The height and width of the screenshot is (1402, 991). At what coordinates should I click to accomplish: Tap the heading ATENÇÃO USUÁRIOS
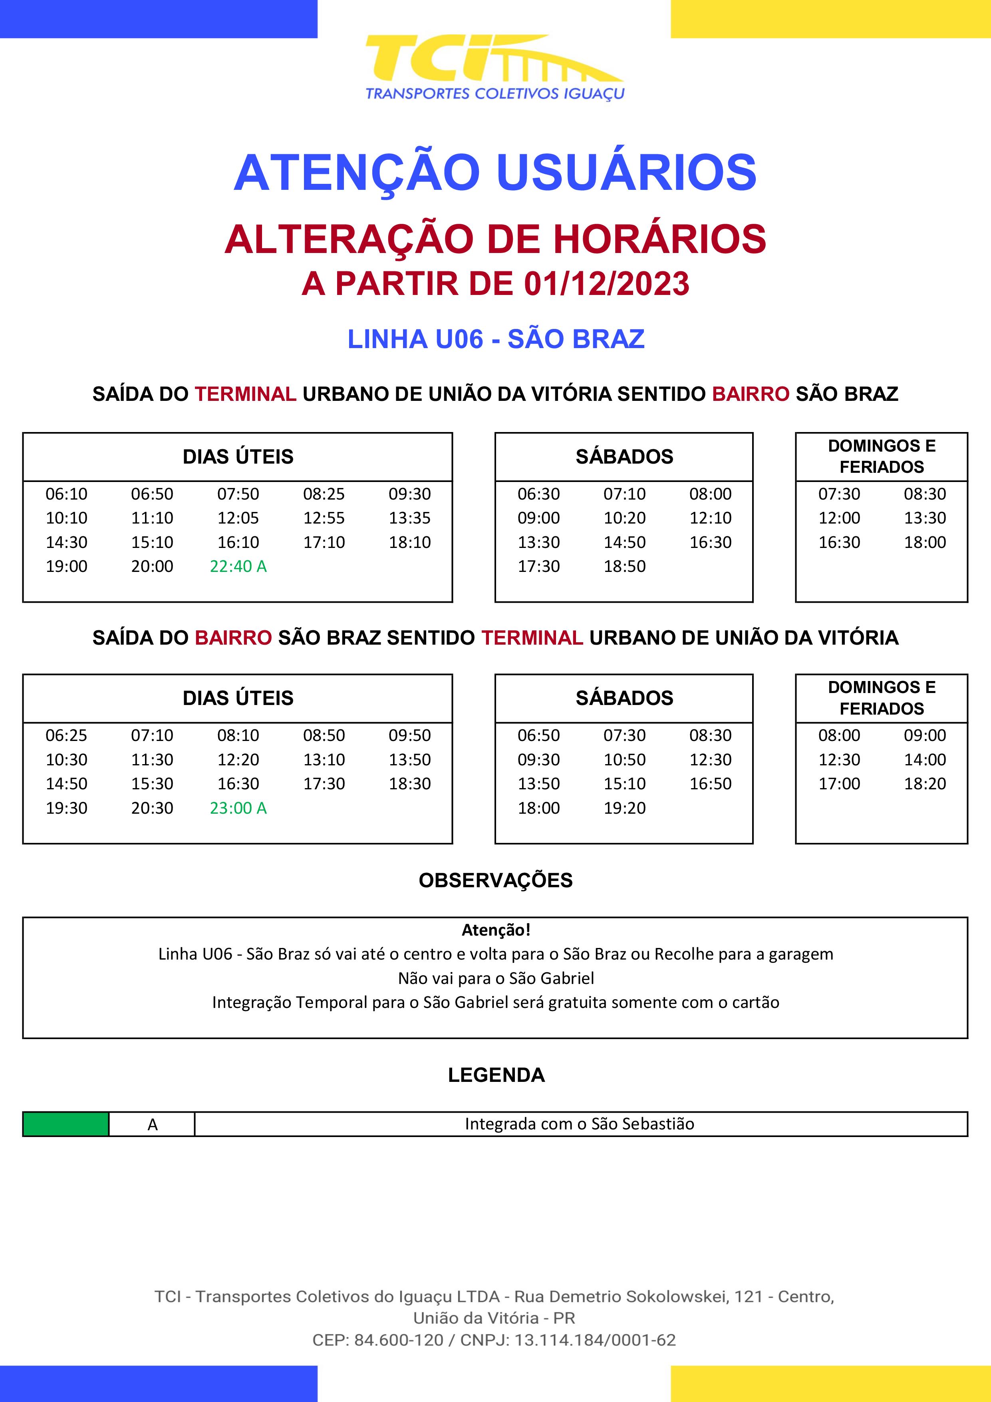coord(495,173)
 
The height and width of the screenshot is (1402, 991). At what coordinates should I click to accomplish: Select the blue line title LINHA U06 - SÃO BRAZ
coord(495,339)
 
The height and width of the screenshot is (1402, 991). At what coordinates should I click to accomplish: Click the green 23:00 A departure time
coord(238,808)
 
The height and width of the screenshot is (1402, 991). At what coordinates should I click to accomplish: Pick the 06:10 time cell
coord(67,494)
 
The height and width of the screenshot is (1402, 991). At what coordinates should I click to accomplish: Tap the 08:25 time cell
coord(324,494)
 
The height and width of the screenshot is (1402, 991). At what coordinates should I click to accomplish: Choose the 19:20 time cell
coord(624,808)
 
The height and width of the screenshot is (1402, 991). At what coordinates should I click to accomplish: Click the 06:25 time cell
coord(67,735)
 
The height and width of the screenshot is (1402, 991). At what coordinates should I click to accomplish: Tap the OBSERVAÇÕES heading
coord(495,880)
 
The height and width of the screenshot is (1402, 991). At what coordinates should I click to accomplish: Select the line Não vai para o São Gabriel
coord(495,978)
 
